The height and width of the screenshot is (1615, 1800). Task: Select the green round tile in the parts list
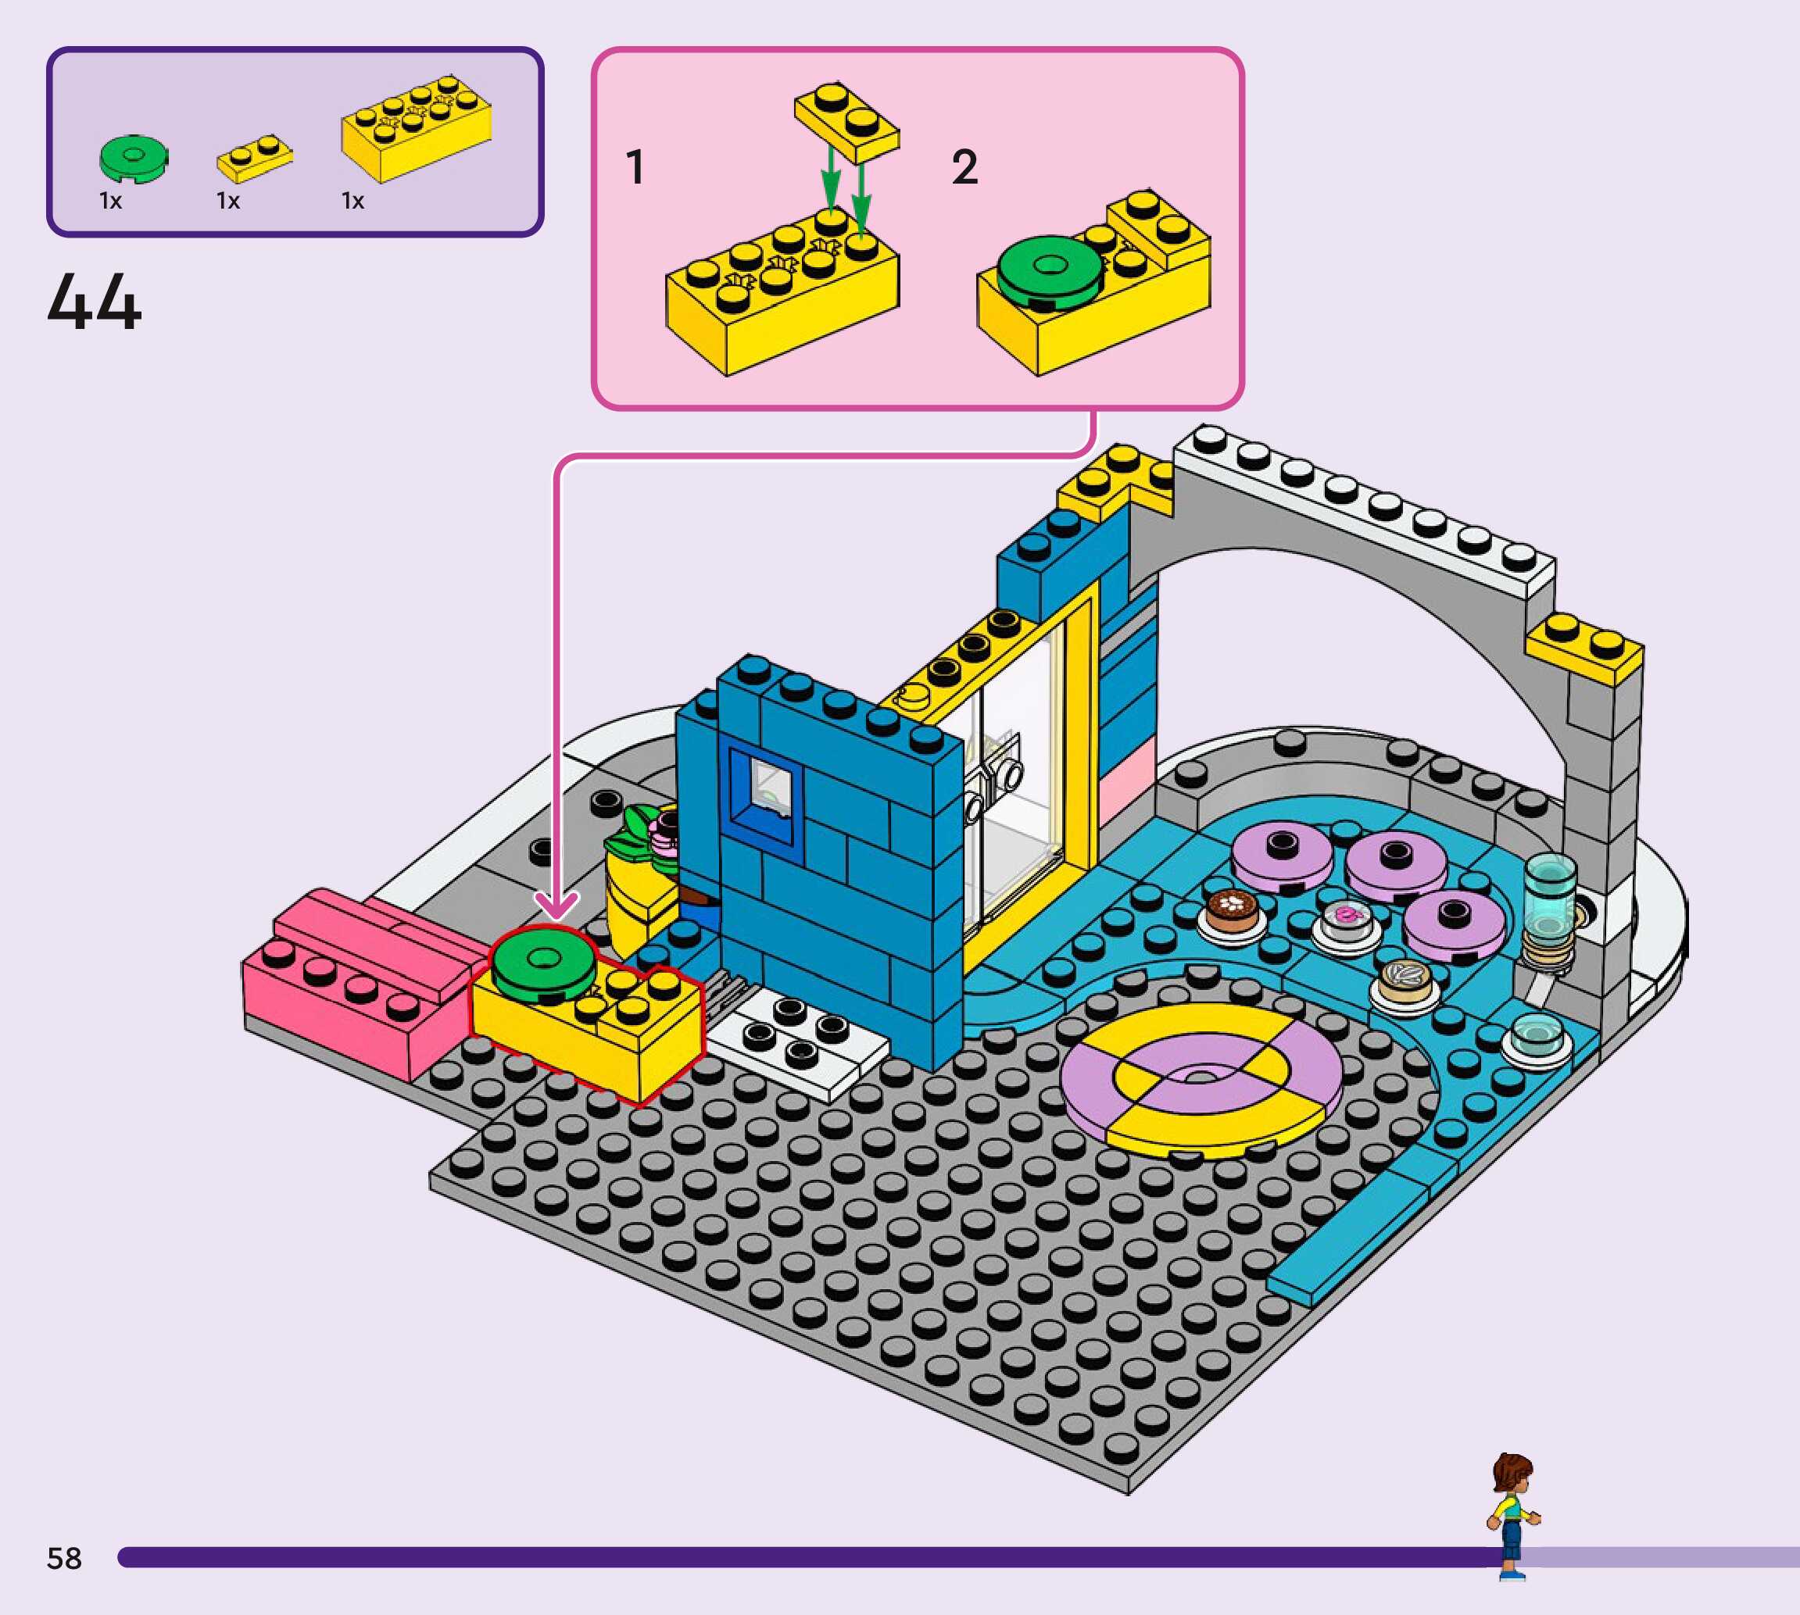pyautogui.click(x=133, y=159)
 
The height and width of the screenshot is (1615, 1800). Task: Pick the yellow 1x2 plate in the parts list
pyautogui.click(x=255, y=157)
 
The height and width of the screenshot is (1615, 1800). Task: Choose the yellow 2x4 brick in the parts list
pyautogui.click(x=415, y=129)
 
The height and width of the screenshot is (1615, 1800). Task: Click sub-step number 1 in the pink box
pyautogui.click(x=635, y=167)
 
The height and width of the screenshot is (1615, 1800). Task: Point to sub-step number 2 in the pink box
pyautogui.click(x=964, y=167)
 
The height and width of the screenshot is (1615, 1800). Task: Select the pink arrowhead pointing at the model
pyautogui.click(x=556, y=907)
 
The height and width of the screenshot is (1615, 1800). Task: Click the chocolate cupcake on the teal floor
pyautogui.click(x=1231, y=909)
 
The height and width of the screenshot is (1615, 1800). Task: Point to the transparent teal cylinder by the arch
pyautogui.click(x=1549, y=896)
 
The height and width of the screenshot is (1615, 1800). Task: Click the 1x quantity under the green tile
pyautogui.click(x=110, y=202)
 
